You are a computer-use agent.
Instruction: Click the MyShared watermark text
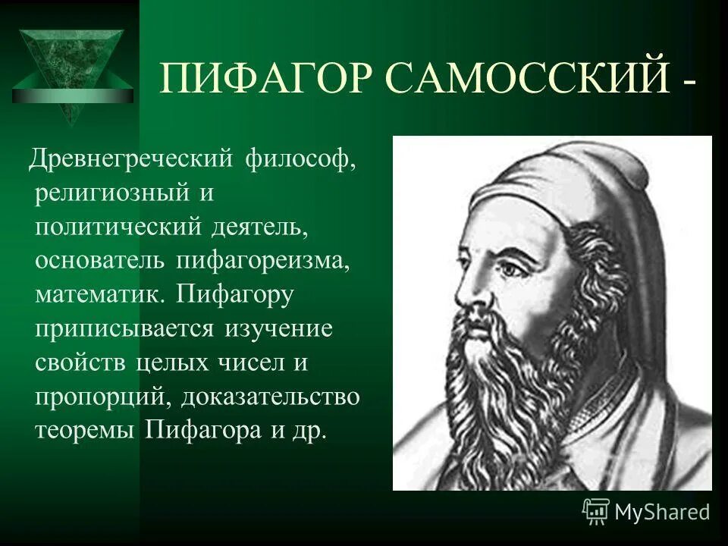[x=661, y=512]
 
